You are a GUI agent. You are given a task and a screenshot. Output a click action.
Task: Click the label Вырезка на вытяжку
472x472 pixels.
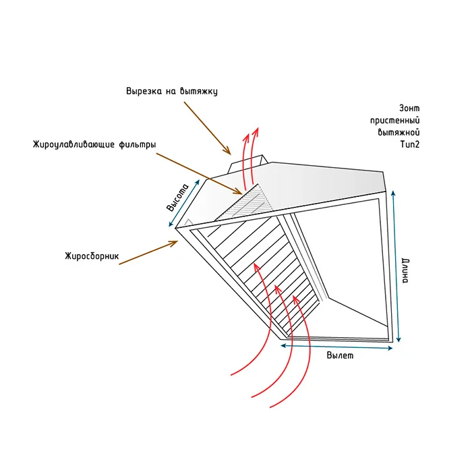click(x=172, y=91)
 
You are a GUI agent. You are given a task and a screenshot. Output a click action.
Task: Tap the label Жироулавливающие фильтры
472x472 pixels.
click(x=94, y=144)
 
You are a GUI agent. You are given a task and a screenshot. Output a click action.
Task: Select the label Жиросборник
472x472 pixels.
click(x=92, y=256)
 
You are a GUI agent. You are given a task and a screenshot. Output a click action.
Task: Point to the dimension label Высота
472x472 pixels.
click(x=177, y=198)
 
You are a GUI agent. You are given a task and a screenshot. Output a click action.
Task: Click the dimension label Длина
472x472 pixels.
click(x=405, y=271)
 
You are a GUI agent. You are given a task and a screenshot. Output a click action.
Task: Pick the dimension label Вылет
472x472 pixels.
click(x=340, y=355)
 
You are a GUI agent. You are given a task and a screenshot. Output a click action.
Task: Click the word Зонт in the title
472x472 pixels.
click(x=409, y=108)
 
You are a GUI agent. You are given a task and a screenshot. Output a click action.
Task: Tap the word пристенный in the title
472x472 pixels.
click(x=395, y=121)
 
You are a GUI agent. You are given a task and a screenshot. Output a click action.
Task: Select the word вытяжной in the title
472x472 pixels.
click(x=399, y=132)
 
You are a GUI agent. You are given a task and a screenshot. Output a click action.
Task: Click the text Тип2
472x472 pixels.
click(x=410, y=144)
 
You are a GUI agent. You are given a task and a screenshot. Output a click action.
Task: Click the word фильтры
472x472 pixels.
click(x=138, y=145)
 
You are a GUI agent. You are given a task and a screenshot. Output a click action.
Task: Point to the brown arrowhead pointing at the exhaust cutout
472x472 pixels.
click(x=227, y=151)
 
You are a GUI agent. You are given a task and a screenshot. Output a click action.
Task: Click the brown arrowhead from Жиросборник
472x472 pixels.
click(x=173, y=243)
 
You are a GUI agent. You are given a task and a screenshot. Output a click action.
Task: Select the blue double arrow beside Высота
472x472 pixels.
click(x=184, y=203)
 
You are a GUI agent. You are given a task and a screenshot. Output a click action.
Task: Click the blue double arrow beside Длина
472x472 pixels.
click(x=396, y=266)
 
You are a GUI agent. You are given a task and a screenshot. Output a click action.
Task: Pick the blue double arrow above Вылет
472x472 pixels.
click(x=336, y=347)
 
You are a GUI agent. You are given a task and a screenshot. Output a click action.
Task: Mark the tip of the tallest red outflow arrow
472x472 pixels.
click(x=258, y=127)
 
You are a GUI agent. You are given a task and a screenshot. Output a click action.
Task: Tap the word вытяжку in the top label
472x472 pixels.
click(x=199, y=92)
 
